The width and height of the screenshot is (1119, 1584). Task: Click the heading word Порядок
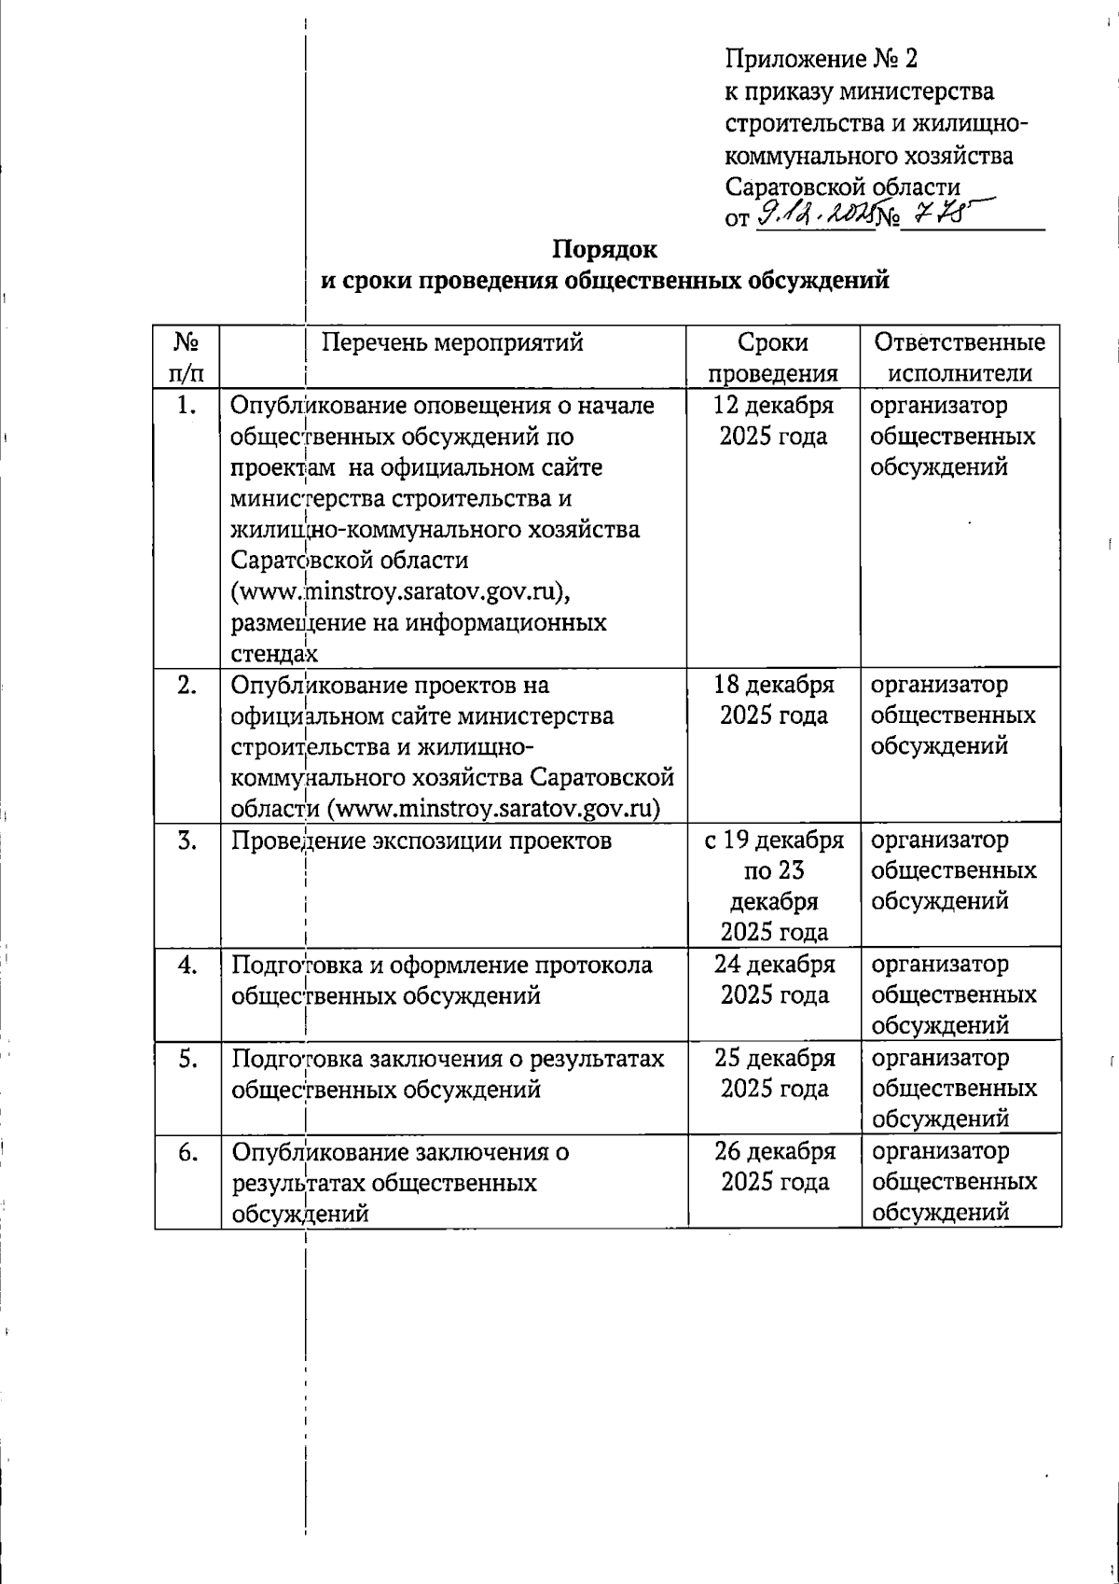pos(604,250)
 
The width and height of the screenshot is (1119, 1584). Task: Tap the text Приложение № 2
pos(821,60)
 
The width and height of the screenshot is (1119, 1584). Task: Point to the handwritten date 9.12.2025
pos(816,216)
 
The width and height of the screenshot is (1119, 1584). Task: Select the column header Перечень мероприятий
pos(452,342)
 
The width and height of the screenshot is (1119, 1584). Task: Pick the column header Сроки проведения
pos(773,357)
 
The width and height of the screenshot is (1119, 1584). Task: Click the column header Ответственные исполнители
pos(960,357)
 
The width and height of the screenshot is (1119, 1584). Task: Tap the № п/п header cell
pos(186,357)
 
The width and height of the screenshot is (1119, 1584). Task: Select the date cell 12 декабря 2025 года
pos(773,421)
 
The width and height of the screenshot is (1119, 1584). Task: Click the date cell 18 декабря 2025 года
pos(773,700)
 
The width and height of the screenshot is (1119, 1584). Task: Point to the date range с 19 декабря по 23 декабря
pos(773,885)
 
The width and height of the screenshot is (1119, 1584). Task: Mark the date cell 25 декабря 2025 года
pos(774,1073)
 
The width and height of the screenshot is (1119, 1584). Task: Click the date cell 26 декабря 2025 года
pos(774,1166)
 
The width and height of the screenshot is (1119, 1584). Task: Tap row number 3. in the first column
pos(187,841)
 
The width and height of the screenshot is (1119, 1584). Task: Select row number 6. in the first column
pos(187,1152)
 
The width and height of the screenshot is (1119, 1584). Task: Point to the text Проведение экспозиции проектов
pos(421,841)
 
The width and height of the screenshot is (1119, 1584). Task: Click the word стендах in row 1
pos(273,653)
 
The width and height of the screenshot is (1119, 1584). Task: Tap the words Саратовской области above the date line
pos(842,187)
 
